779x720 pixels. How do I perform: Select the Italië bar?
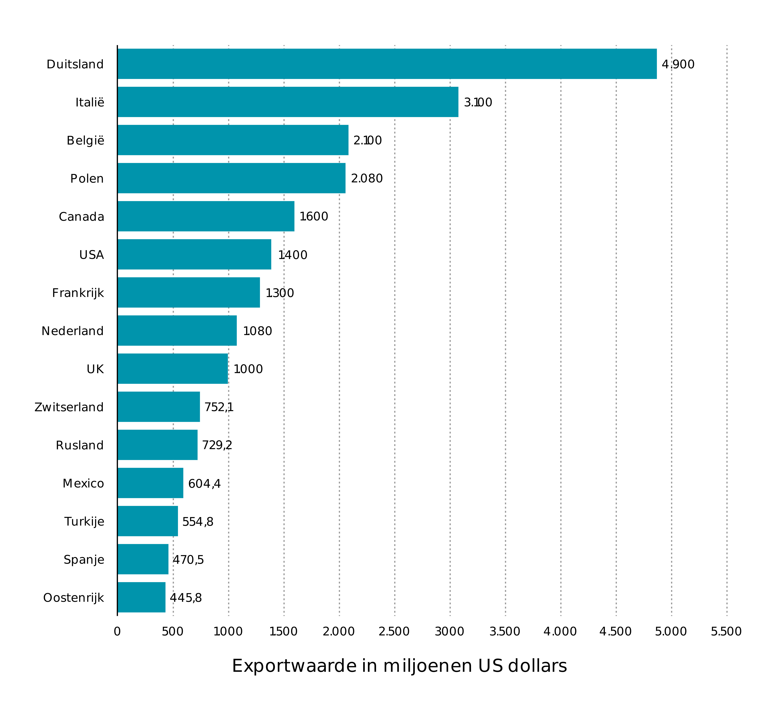288,102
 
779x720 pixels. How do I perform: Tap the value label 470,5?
188,560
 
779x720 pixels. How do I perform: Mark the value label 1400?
293,255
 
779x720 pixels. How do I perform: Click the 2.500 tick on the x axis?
394,632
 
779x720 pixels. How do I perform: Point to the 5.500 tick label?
726,632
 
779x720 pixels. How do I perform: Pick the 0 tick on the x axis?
117,632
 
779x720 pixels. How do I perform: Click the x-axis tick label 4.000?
560,632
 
